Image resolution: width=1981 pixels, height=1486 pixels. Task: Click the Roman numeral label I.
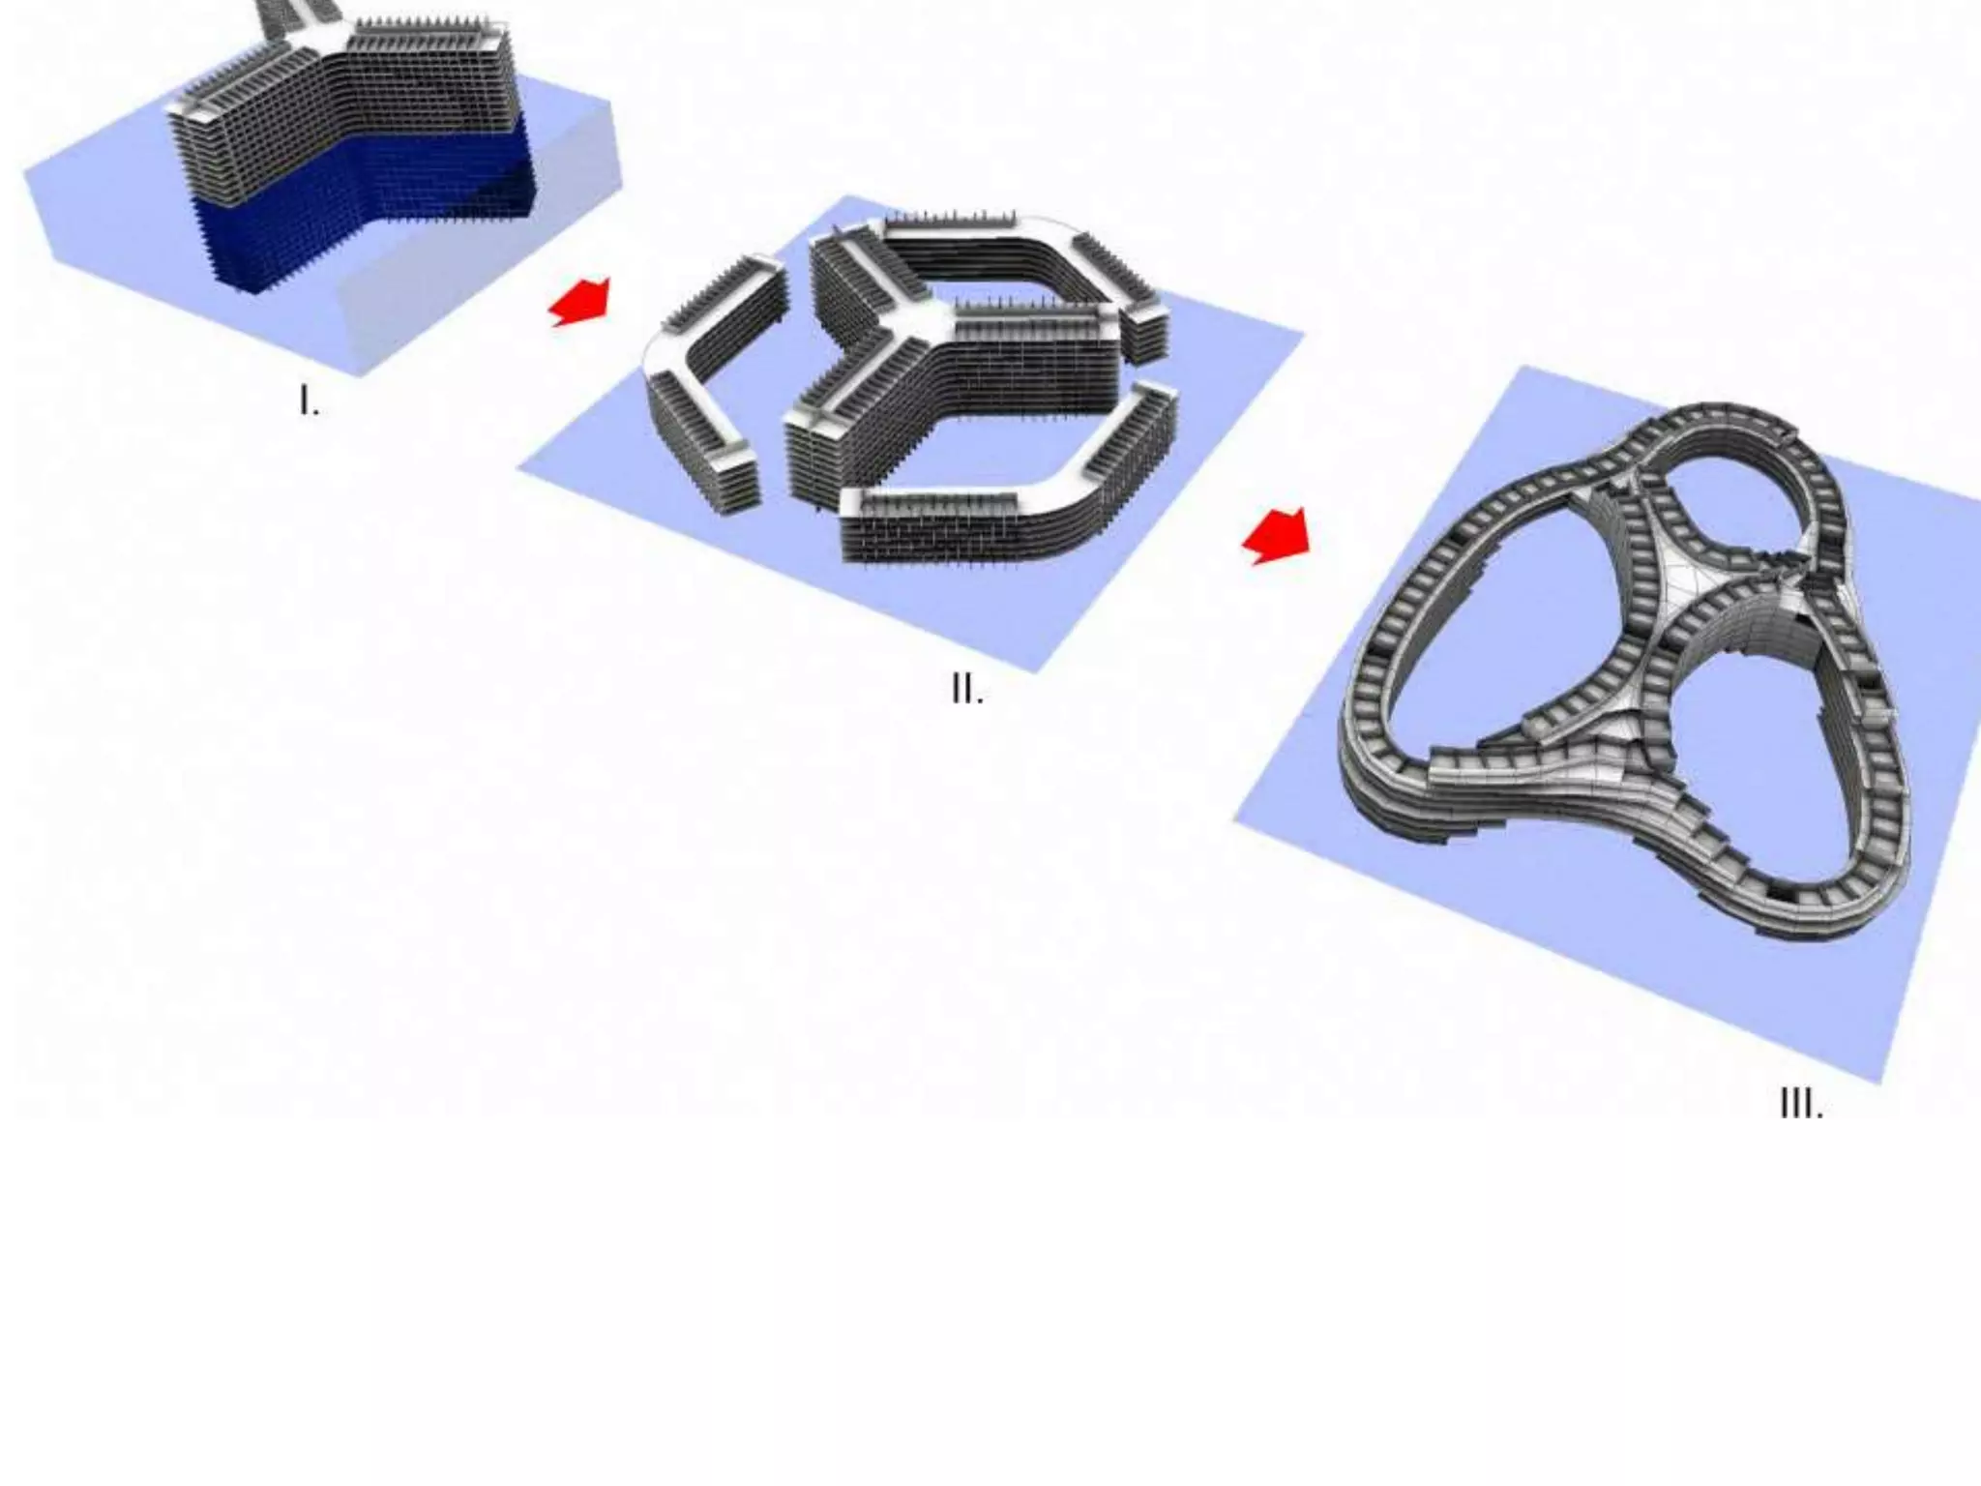[309, 401]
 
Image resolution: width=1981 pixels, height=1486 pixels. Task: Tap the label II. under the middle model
[967, 690]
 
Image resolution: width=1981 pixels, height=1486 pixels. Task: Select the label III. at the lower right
[1801, 1103]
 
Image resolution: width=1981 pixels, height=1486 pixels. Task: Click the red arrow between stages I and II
[580, 301]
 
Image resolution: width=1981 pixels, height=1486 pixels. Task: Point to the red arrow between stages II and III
[1277, 536]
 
